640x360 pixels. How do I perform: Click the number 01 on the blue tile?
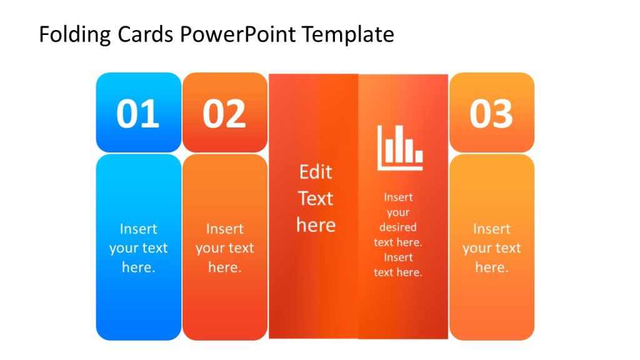138,114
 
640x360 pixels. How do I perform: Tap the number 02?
224,114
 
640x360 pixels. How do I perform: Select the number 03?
491,114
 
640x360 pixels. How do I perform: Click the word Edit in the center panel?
316,172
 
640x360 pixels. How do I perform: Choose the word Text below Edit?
316,199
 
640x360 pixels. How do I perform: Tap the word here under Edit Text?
316,225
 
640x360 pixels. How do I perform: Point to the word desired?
398,227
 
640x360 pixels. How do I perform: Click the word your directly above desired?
398,212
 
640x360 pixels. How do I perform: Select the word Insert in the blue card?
138,229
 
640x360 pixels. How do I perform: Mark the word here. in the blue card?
138,267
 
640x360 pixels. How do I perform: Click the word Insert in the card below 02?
224,229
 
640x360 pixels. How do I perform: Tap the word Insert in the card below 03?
491,229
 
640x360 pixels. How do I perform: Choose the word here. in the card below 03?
491,267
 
